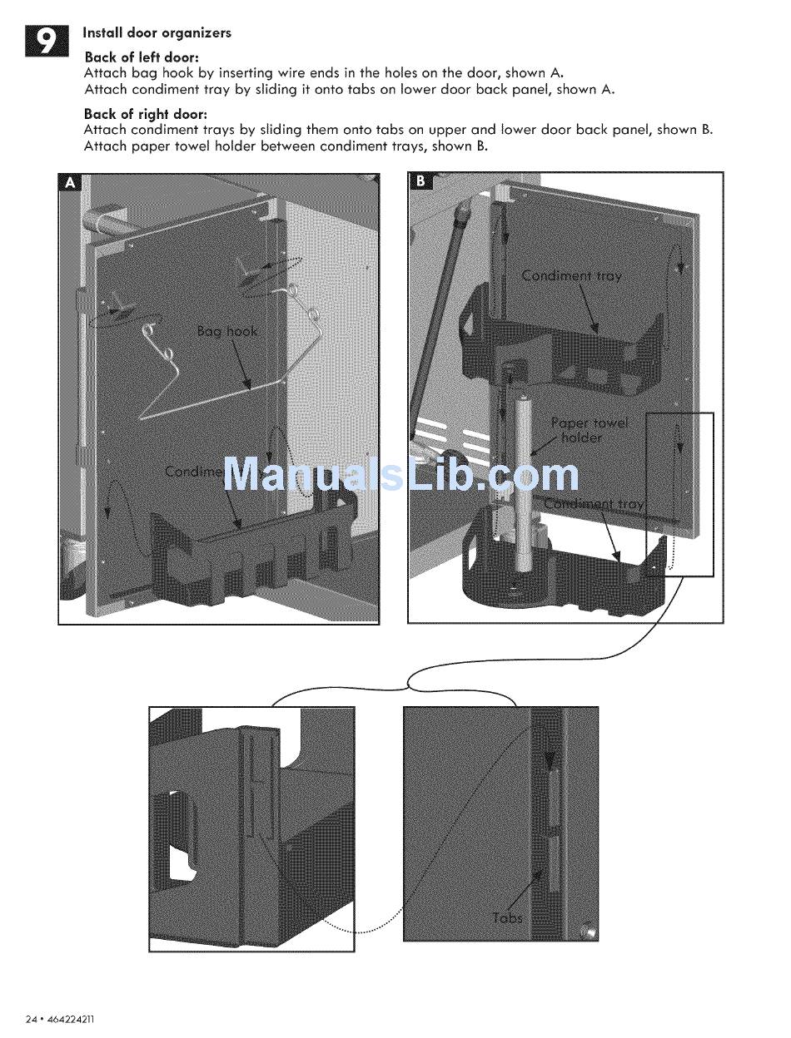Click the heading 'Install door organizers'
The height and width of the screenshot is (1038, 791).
tap(157, 33)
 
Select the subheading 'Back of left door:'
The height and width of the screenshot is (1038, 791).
tap(142, 57)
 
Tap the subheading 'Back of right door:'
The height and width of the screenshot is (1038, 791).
tap(146, 114)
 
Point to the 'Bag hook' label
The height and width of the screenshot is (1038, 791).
tap(227, 331)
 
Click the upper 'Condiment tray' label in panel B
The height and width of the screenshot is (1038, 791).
tap(571, 276)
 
